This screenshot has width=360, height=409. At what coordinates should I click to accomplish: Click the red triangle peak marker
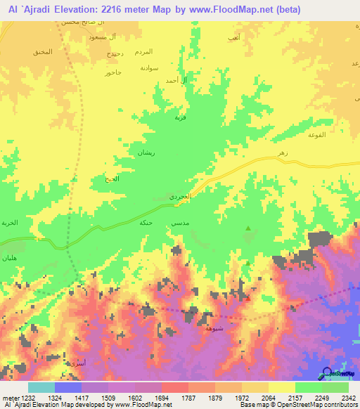tap(247, 298)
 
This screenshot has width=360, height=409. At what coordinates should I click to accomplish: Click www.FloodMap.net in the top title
tap(233, 10)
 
